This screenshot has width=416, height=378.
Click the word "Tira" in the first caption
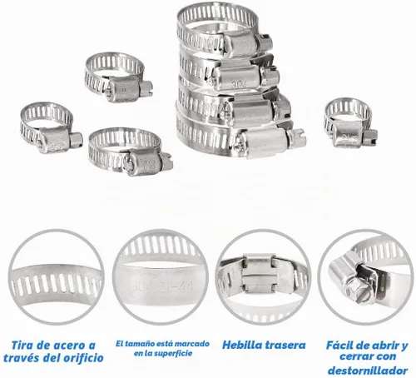pos(23,346)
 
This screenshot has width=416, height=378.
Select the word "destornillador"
pos(368,371)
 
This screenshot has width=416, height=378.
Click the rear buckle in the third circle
pos(259,273)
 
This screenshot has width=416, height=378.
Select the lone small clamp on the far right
pos(350,122)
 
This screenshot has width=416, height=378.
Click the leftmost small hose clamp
pos(51,127)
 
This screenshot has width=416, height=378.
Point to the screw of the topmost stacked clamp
pos(265,42)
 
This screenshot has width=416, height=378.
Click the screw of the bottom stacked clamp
pos(297,138)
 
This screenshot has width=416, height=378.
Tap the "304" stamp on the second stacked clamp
pos(238,83)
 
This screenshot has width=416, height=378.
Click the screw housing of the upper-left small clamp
pos(122,89)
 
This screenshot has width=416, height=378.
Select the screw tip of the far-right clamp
pos(371,137)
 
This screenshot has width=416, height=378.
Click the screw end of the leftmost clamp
pos(76,140)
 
